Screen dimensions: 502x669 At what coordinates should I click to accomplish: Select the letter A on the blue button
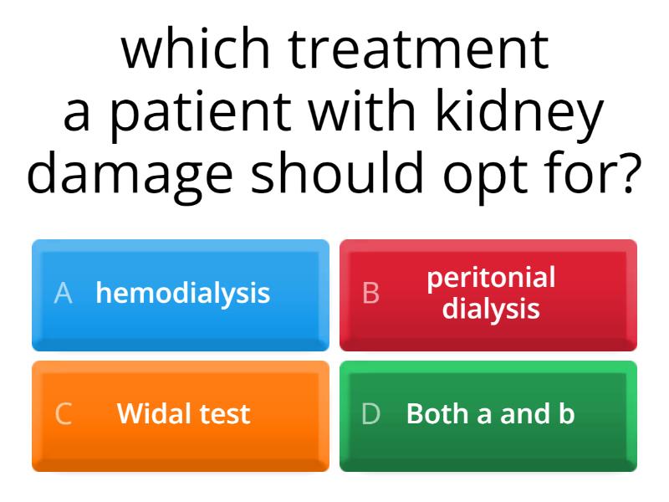63,293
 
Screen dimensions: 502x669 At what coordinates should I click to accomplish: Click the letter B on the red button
370,293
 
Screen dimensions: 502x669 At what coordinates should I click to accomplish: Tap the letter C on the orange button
63,413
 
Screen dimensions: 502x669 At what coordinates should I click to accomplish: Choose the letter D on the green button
370,413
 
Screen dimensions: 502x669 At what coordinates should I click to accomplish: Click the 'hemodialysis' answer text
183,293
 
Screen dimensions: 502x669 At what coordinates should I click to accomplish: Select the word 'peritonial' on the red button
491,278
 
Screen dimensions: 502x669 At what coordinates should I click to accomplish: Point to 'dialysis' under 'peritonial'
491,309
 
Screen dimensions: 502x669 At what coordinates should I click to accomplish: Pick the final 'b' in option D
567,413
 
